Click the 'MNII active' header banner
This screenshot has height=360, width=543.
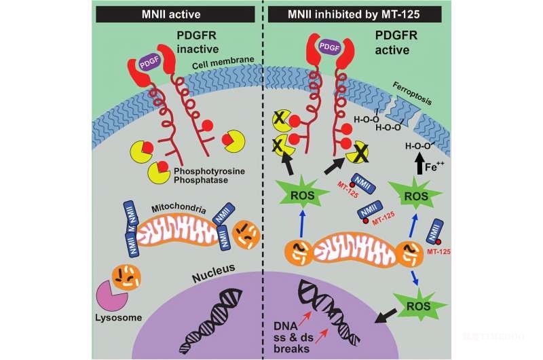coord(175,14)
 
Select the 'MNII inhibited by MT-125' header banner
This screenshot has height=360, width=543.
coord(354,14)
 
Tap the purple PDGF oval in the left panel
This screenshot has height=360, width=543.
coord(150,62)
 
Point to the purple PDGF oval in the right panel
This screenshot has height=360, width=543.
coord(329,47)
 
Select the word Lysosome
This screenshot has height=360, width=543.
coord(118,317)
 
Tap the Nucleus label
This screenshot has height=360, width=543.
coord(214,272)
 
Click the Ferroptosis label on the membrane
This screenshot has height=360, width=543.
coord(412,93)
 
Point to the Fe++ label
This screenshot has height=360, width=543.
coord(434,166)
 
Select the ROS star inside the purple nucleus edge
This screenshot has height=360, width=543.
coord(419,306)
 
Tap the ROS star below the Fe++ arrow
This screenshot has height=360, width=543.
coord(416,196)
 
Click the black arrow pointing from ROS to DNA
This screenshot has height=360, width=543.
coord(386,316)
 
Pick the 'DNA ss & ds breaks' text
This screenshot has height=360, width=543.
coord(292,337)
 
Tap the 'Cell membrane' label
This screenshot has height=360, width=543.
coord(223,62)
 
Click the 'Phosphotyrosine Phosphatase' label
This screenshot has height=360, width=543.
coord(209,176)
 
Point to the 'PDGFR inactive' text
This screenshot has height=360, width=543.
coord(198,42)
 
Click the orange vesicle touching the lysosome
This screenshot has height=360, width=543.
coord(126,277)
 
